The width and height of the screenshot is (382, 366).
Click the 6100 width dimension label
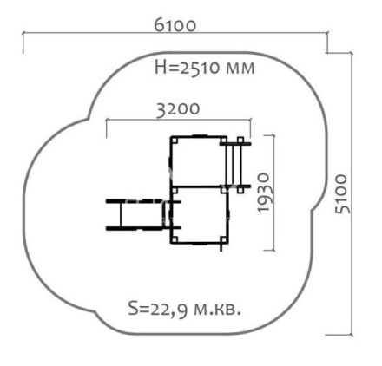point(175,25)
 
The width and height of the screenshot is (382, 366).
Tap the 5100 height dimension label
point(342,193)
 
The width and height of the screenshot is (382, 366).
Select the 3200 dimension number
point(178,109)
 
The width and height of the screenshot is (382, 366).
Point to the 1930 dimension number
point(264,193)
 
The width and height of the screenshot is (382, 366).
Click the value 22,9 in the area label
point(167,310)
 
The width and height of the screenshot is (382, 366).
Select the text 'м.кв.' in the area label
point(217,310)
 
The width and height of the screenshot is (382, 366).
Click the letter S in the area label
point(133,309)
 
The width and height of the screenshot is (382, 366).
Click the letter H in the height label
point(161,68)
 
